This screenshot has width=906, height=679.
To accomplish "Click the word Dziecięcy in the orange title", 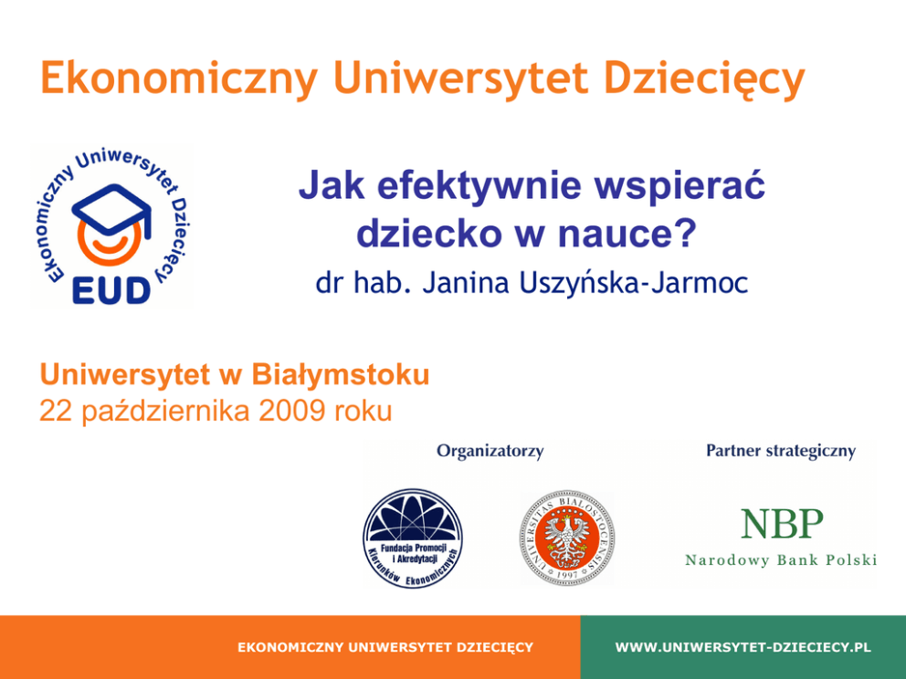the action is pyautogui.click(x=704, y=79).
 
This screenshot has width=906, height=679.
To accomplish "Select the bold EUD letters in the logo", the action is pyautogui.click(x=111, y=290).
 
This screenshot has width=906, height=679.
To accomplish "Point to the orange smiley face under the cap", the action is pyautogui.click(x=109, y=243).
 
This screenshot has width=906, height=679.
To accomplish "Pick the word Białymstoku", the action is pyautogui.click(x=341, y=375).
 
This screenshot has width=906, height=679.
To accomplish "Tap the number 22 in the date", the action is pyautogui.click(x=57, y=411).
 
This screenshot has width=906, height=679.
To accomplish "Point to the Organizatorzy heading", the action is pyautogui.click(x=490, y=450).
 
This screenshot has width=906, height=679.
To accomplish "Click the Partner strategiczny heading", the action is pyautogui.click(x=781, y=450).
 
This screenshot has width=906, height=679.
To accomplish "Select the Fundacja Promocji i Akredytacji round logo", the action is pyautogui.click(x=413, y=538).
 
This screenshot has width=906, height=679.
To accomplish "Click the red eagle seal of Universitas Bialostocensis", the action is pyautogui.click(x=567, y=538).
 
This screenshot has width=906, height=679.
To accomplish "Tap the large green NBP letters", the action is pyautogui.click(x=782, y=523).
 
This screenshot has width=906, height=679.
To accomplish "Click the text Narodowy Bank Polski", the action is pyautogui.click(x=781, y=560).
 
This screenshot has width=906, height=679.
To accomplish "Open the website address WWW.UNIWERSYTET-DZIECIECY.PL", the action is pyautogui.click(x=743, y=647).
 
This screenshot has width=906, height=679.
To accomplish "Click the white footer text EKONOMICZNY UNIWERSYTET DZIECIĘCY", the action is pyautogui.click(x=385, y=647).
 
